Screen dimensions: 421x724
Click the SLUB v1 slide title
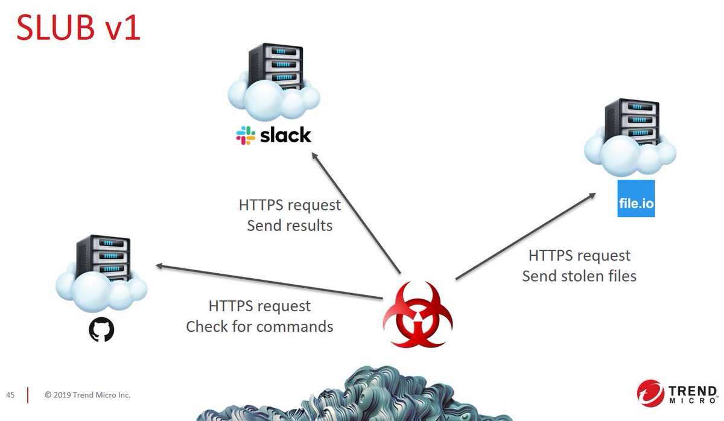click(x=78, y=28)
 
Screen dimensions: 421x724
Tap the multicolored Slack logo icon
click(x=246, y=135)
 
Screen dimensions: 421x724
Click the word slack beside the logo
click(x=285, y=135)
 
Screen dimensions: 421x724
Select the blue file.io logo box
click(x=636, y=198)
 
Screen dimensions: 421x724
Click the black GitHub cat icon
click(x=101, y=330)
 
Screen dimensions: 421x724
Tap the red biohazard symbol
click(x=418, y=314)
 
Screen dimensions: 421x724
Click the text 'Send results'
click(x=290, y=226)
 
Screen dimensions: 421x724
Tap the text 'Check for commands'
click(x=259, y=326)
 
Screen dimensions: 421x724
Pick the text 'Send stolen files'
click(x=579, y=276)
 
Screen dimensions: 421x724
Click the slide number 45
click(x=10, y=395)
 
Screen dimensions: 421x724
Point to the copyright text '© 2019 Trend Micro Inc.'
click(x=87, y=395)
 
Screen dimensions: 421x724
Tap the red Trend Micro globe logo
click(x=650, y=393)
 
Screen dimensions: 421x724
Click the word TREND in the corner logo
click(x=692, y=390)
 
